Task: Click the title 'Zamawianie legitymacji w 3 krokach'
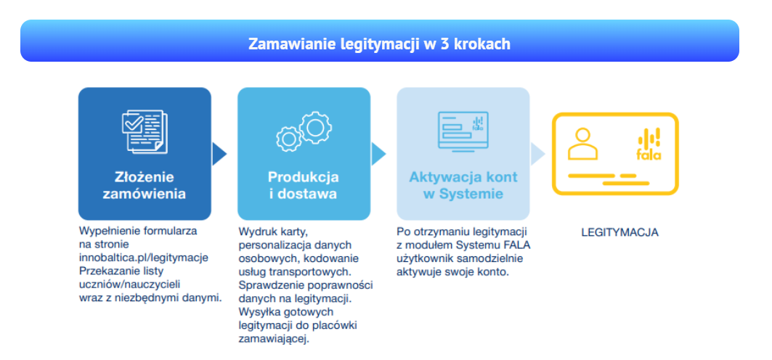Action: click(x=379, y=44)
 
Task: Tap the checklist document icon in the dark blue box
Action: click(x=145, y=131)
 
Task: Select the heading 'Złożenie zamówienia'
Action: click(x=145, y=185)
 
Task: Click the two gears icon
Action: click(x=304, y=131)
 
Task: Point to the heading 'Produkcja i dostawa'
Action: click(x=304, y=185)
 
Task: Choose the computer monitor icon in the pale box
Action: click(x=463, y=130)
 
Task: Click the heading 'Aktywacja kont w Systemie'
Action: click(x=463, y=185)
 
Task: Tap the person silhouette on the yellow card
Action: click(x=583, y=144)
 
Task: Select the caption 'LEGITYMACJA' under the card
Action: click(x=620, y=233)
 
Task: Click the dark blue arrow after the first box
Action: click(x=219, y=154)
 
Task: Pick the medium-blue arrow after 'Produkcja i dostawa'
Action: click(x=378, y=154)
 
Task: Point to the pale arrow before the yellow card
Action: click(x=538, y=154)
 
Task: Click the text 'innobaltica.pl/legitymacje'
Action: click(x=144, y=257)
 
